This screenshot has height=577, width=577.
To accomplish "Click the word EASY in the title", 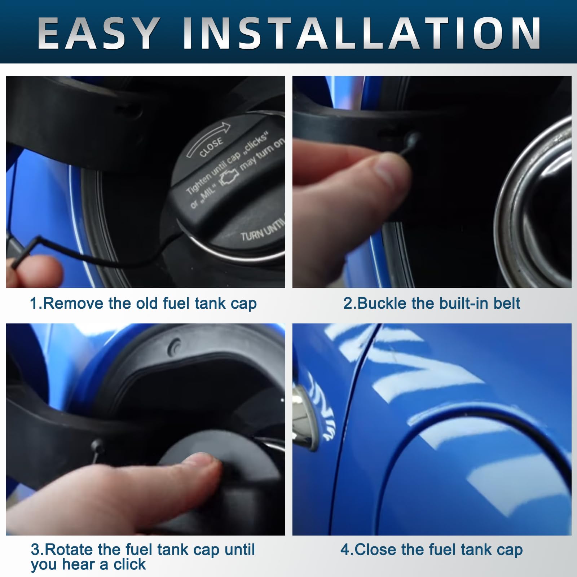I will coord(99,33).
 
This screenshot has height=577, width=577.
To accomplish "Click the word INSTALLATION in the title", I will coord(362,33).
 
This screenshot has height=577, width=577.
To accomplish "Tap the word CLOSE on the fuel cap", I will coord(211,147).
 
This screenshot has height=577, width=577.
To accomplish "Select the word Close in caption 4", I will coord(376,550).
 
